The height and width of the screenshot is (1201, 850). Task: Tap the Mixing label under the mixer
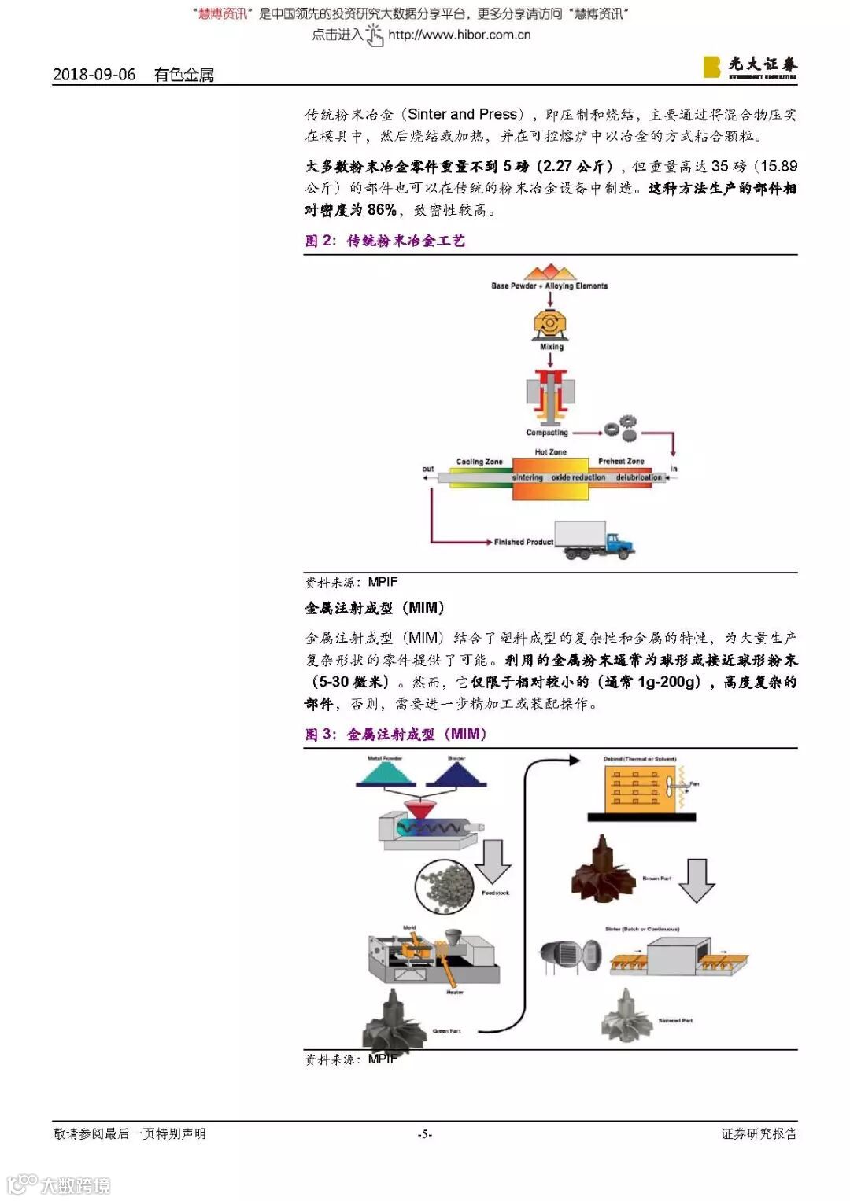(551, 347)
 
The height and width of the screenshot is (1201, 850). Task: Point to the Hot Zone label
(550, 452)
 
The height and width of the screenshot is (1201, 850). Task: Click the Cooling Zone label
(479, 462)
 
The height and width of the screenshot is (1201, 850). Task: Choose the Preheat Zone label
(621, 461)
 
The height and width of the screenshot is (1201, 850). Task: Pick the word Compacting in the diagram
(547, 433)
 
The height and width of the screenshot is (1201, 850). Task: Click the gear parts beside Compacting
(620, 428)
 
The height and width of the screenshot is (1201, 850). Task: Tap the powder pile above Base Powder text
(550, 273)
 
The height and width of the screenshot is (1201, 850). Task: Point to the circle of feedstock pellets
(444, 886)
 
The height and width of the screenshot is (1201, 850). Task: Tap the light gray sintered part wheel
(626, 1014)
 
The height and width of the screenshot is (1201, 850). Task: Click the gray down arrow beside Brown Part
(696, 880)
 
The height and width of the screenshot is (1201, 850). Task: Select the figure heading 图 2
(385, 241)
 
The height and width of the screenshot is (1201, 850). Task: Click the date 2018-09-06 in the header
(94, 75)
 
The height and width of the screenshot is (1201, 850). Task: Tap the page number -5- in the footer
(425, 1133)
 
